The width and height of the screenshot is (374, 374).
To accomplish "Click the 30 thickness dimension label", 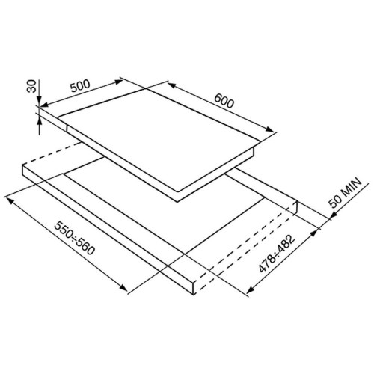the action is (31, 86).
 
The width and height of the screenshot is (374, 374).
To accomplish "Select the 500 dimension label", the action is (80, 86).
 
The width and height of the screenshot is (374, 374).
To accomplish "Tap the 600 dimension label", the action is (224, 100).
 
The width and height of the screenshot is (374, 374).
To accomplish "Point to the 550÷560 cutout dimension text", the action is (75, 238).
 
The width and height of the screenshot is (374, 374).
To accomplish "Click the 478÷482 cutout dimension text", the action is (277, 254).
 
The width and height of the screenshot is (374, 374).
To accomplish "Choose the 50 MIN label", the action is (346, 192).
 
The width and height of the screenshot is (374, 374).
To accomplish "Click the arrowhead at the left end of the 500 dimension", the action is (44, 105).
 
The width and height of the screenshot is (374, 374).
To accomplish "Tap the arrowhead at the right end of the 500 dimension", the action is (119, 82).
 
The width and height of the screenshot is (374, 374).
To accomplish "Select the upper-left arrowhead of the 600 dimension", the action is (171, 85).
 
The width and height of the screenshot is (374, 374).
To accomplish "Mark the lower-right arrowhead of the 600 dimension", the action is (269, 129).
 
